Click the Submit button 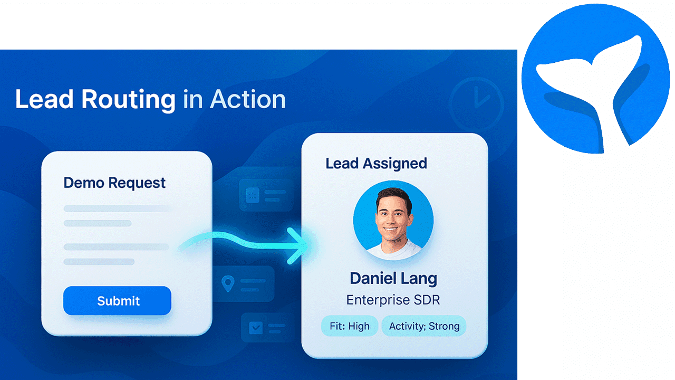pos(117,301)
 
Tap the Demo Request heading pos(114,183)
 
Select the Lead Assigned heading pos(376,163)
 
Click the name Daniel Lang pos(393,278)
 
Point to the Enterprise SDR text pos(393,300)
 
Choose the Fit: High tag pos(349,326)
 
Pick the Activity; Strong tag pos(424,326)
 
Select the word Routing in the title pos(128,99)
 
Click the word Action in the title pos(248,99)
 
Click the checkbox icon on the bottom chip pos(256,328)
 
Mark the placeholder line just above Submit pos(99,262)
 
